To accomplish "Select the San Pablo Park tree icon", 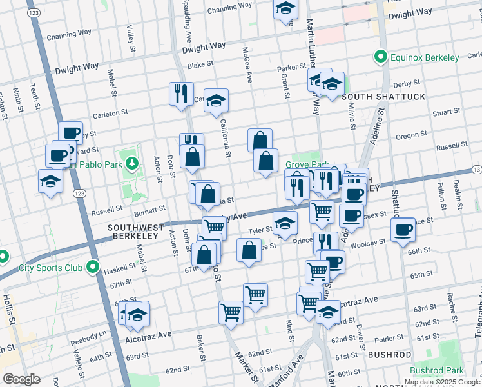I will pyautogui.click(x=132, y=164).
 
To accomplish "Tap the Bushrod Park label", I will pyautogui.click(x=436, y=371).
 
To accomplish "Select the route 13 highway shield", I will pyautogui.click(x=476, y=170).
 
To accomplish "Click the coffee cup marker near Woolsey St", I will pyautogui.click(x=403, y=230).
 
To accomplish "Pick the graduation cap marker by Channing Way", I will pyautogui.click(x=285, y=10).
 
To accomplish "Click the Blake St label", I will pyautogui.click(x=200, y=65).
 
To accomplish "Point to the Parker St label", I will pyautogui.click(x=291, y=68).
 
